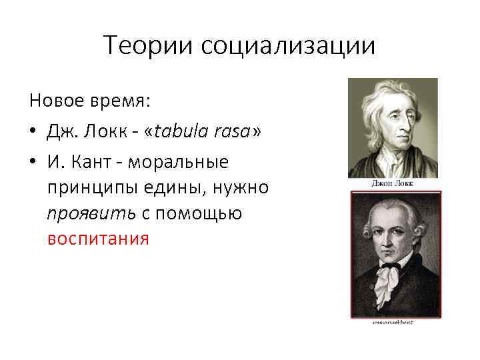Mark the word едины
[x=173, y=187]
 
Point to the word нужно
[x=243, y=187]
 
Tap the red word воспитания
[x=98, y=239]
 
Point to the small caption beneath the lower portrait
[x=393, y=321]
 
